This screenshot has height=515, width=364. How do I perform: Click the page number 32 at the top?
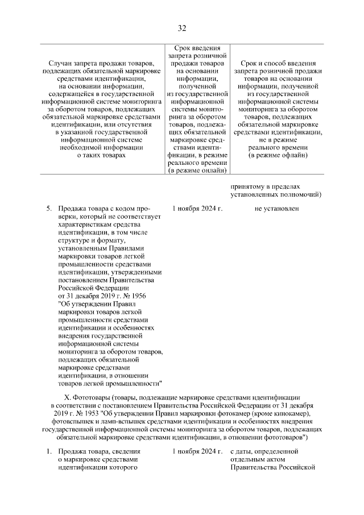click(181, 28)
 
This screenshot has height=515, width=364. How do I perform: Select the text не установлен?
click(276, 209)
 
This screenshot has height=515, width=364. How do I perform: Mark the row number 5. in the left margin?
click(49, 209)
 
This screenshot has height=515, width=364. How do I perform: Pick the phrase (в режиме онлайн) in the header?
click(197, 170)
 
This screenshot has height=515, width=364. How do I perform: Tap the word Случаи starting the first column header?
click(62, 62)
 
